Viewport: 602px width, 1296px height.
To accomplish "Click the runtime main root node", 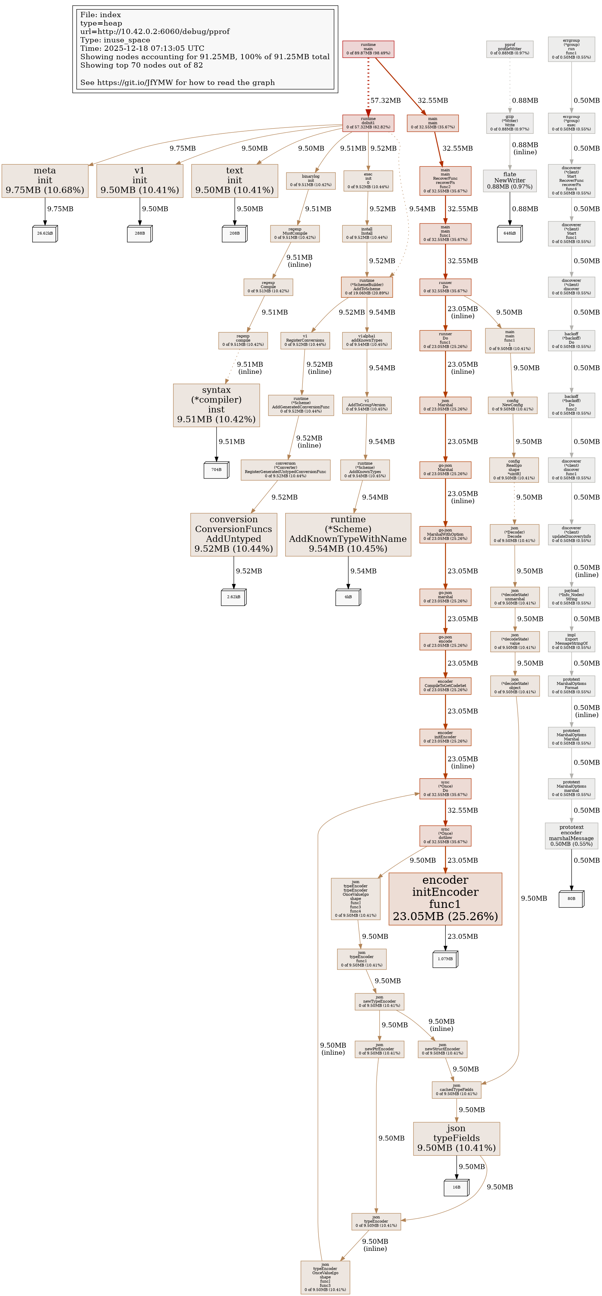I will [368, 49].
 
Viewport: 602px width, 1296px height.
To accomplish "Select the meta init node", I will [45, 181].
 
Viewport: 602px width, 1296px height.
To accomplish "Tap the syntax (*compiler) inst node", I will [217, 405].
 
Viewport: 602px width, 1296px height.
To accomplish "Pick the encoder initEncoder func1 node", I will [445, 898].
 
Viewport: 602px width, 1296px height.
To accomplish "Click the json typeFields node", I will [456, 1138].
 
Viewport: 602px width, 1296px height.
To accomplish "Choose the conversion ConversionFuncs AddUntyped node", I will [234, 534].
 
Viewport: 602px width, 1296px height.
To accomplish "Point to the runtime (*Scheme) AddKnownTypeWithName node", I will [348, 534].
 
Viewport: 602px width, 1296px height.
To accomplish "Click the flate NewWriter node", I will [509, 181].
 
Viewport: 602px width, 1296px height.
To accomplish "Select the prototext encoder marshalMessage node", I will [571, 836].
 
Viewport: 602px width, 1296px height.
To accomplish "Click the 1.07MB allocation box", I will [445, 959].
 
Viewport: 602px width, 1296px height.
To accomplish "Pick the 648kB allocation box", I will [509, 233].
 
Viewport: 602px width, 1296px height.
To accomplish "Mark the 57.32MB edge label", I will [385, 101].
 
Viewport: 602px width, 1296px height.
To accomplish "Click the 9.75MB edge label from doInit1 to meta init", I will [182, 149].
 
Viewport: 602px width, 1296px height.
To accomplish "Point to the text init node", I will [234, 181].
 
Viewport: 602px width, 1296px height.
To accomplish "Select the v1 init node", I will [139, 181].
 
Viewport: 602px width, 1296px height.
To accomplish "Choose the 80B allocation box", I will [571, 898].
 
